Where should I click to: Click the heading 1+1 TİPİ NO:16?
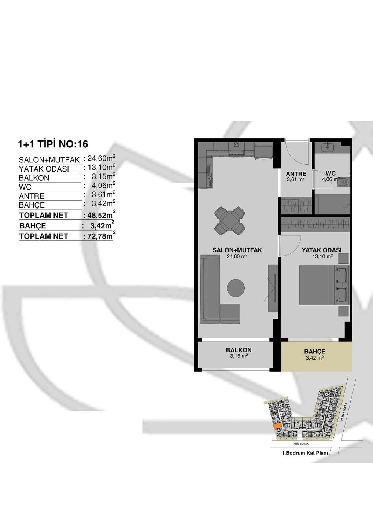[53, 144]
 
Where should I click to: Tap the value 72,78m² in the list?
[100, 236]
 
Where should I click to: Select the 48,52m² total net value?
[100, 215]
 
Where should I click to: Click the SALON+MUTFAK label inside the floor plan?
[237, 250]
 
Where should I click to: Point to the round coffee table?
[236, 288]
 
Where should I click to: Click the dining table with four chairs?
[230, 220]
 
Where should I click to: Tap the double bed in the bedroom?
[324, 285]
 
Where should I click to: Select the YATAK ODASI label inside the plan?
[322, 250]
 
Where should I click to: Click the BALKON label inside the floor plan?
[239, 350]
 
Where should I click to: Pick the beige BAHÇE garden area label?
[315, 351]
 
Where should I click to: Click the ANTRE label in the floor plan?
[296, 174]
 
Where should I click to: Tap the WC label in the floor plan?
[331, 173]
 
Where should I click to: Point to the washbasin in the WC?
[328, 147]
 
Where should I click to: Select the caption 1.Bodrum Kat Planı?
[305, 453]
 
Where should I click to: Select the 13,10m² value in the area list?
[101, 168]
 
